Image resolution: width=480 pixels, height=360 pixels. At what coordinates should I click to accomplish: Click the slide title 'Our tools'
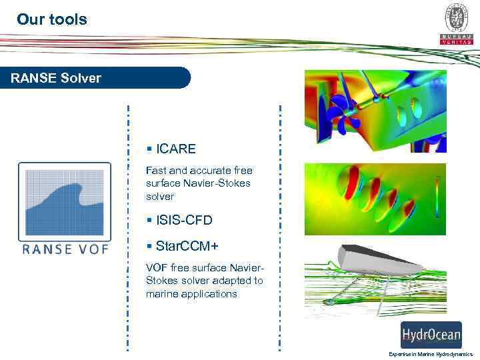coord(52,19)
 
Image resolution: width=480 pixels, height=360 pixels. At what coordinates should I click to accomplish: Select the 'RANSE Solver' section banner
coord(56,78)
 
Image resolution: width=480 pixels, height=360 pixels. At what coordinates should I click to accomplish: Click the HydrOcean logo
coord(431,335)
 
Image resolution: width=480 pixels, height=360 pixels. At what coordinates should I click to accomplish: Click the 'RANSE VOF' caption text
coord(65,250)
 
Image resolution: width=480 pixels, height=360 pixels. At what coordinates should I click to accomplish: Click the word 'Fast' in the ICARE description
coord(157,171)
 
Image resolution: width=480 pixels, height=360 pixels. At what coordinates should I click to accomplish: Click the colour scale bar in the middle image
coord(437,197)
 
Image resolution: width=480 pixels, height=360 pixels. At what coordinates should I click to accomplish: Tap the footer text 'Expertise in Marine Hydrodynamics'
coord(430,354)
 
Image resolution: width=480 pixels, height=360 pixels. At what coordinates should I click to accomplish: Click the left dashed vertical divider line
coord(128,227)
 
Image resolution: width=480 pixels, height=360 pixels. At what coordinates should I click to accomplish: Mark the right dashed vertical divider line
coord(281,227)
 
